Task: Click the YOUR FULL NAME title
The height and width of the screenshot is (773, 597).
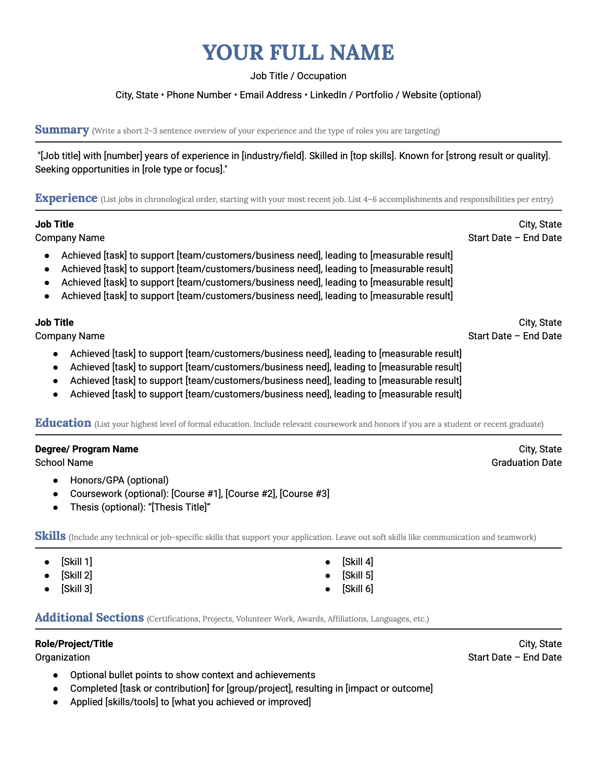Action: (298, 53)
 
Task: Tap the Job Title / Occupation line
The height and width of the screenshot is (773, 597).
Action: (298, 76)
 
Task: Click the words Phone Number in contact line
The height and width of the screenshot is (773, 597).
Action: (199, 95)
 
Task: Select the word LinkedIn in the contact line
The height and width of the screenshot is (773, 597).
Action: (328, 95)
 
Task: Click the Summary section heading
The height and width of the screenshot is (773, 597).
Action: (62, 130)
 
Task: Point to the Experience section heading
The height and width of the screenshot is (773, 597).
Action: (66, 198)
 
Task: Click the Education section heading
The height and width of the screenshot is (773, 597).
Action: (63, 423)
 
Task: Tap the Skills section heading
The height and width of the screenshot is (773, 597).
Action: (50, 536)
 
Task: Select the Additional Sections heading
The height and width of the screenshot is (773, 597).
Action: (89, 618)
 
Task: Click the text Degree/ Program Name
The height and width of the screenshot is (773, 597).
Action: (87, 449)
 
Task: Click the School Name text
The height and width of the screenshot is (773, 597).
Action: (64, 463)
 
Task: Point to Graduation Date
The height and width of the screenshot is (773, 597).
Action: (526, 463)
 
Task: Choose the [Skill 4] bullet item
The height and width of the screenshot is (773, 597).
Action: (357, 562)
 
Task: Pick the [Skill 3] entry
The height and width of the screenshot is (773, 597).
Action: (76, 589)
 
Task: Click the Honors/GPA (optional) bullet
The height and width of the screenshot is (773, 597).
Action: (119, 480)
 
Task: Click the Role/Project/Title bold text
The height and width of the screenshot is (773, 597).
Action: (74, 644)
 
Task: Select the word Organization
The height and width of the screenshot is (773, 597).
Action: (62, 657)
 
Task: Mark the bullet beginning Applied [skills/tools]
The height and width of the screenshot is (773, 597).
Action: (190, 702)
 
